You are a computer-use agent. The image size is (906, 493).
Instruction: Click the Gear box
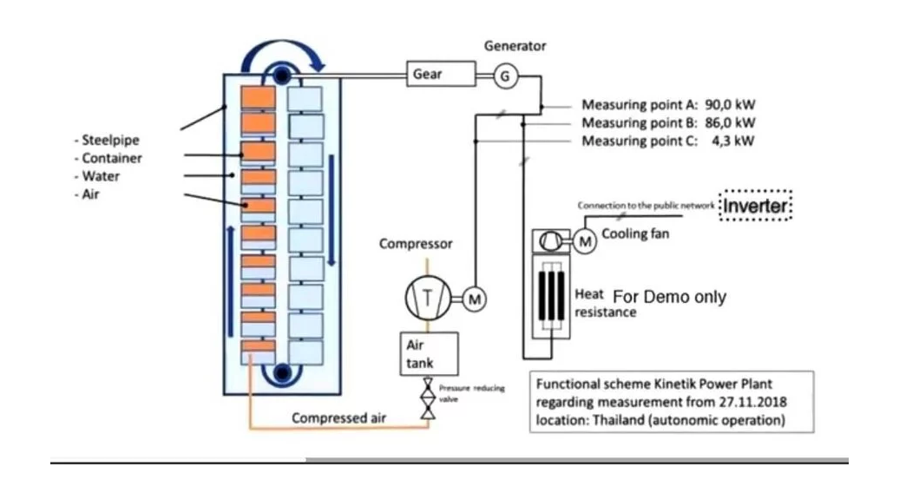click(x=441, y=75)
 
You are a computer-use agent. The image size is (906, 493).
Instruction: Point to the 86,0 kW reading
click(x=730, y=123)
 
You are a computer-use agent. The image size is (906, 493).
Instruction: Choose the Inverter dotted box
click(x=756, y=207)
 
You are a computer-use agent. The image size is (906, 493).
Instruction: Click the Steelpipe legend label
click(x=108, y=140)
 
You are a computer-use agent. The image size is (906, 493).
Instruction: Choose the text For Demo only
click(x=669, y=297)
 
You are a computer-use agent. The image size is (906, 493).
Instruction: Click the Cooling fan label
click(x=635, y=234)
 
